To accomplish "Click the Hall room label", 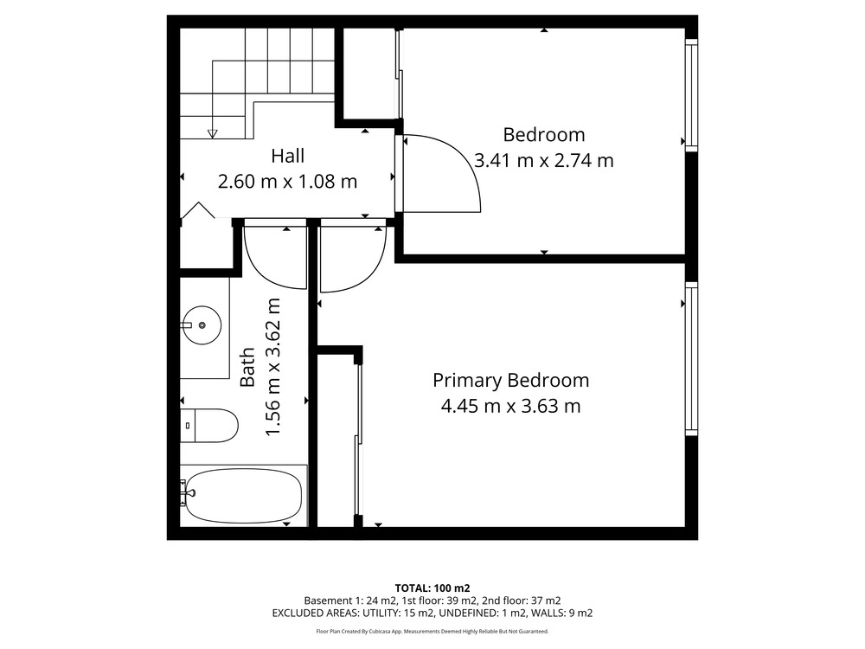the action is click(x=287, y=156).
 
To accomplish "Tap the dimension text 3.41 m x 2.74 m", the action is click(x=544, y=161).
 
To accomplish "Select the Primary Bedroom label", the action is click(x=511, y=381).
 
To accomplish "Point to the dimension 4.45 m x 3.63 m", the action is click(x=511, y=407).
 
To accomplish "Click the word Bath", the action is click(x=247, y=367).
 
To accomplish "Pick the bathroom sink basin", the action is click(x=202, y=325).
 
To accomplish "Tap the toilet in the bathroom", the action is click(x=209, y=426).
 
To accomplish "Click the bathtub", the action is click(x=243, y=496).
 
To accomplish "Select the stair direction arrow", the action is click(x=213, y=133).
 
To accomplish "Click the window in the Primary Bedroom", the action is click(x=691, y=359).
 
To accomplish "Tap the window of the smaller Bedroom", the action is click(x=691, y=94).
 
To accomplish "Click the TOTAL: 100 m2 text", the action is click(x=432, y=588).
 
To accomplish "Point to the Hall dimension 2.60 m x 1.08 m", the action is click(x=287, y=182).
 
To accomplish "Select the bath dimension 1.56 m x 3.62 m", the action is click(x=273, y=367).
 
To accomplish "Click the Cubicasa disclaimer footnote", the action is click(x=432, y=632).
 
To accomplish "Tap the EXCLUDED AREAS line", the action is click(x=432, y=614).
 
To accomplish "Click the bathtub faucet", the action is click(x=187, y=492).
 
